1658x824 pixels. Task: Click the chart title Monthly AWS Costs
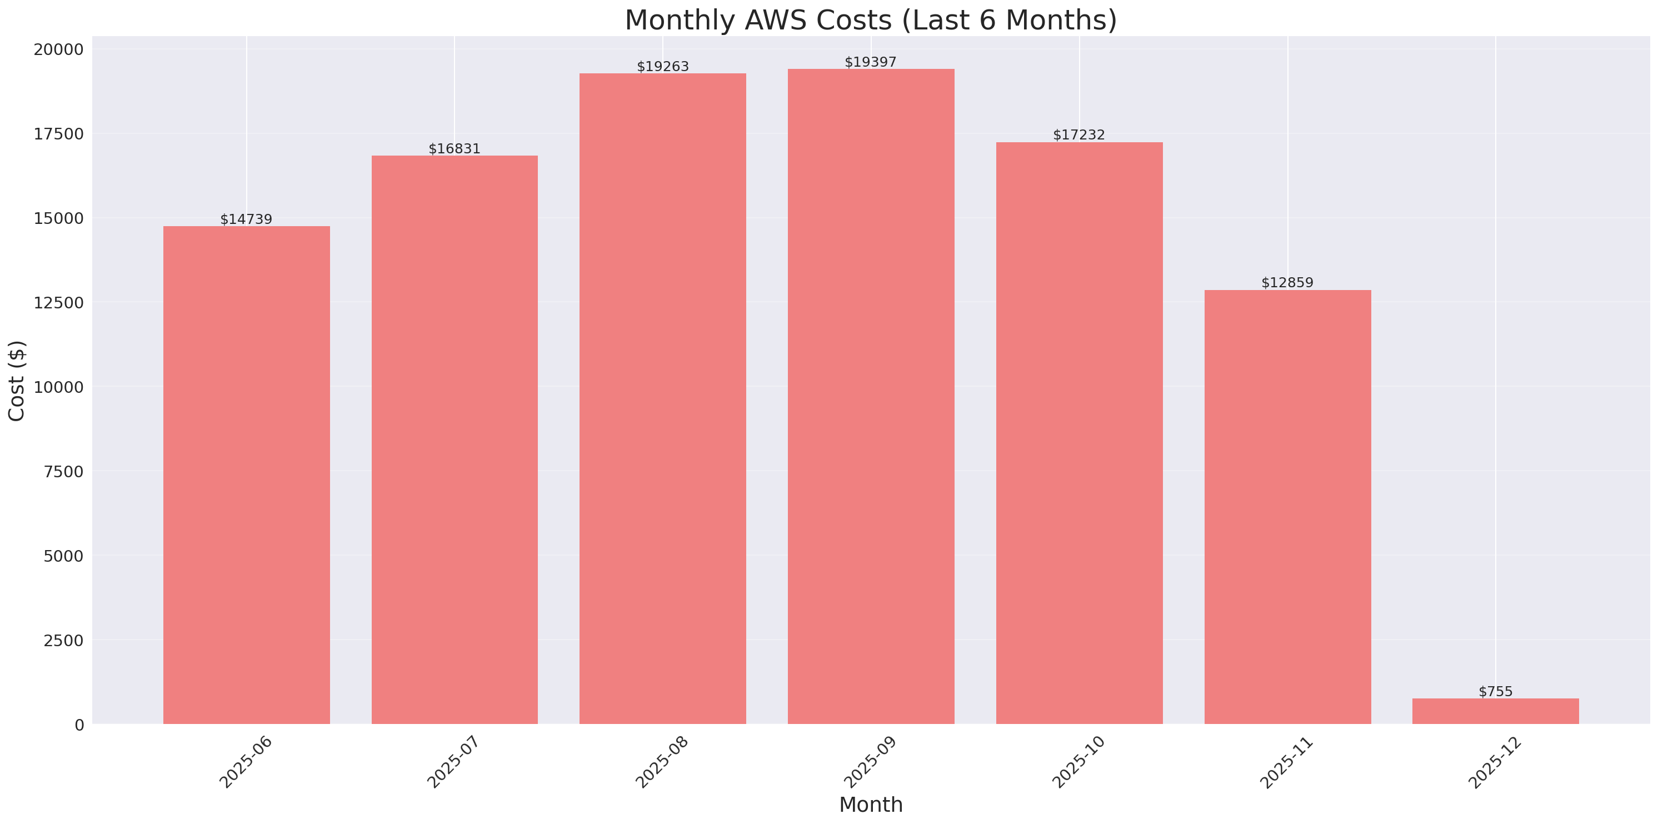870,20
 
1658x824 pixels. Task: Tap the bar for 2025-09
871,397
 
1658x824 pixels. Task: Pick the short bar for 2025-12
1495,711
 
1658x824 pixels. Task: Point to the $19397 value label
870,62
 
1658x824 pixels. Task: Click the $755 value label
1495,691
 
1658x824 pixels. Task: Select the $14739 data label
247,219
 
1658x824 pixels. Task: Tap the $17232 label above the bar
1078,134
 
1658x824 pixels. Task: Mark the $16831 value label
455,149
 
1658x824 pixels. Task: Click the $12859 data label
1287,283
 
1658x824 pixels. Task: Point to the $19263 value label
662,66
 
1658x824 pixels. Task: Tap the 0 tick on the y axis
79,726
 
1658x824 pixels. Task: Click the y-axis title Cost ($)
17,381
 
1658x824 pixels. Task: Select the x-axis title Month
871,805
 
